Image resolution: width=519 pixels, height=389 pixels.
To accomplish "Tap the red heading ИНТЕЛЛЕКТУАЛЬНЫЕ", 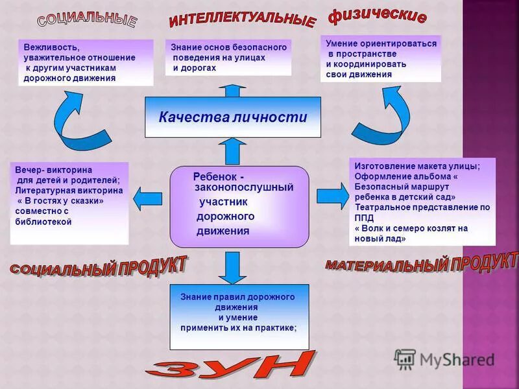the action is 241,18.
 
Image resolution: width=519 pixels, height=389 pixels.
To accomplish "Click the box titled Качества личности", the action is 232,117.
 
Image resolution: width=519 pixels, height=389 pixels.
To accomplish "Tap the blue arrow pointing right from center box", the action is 332,195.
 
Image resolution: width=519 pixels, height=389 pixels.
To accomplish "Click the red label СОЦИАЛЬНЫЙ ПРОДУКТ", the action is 99,266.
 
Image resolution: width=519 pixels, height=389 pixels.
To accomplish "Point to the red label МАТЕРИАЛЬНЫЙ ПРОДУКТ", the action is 422,262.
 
